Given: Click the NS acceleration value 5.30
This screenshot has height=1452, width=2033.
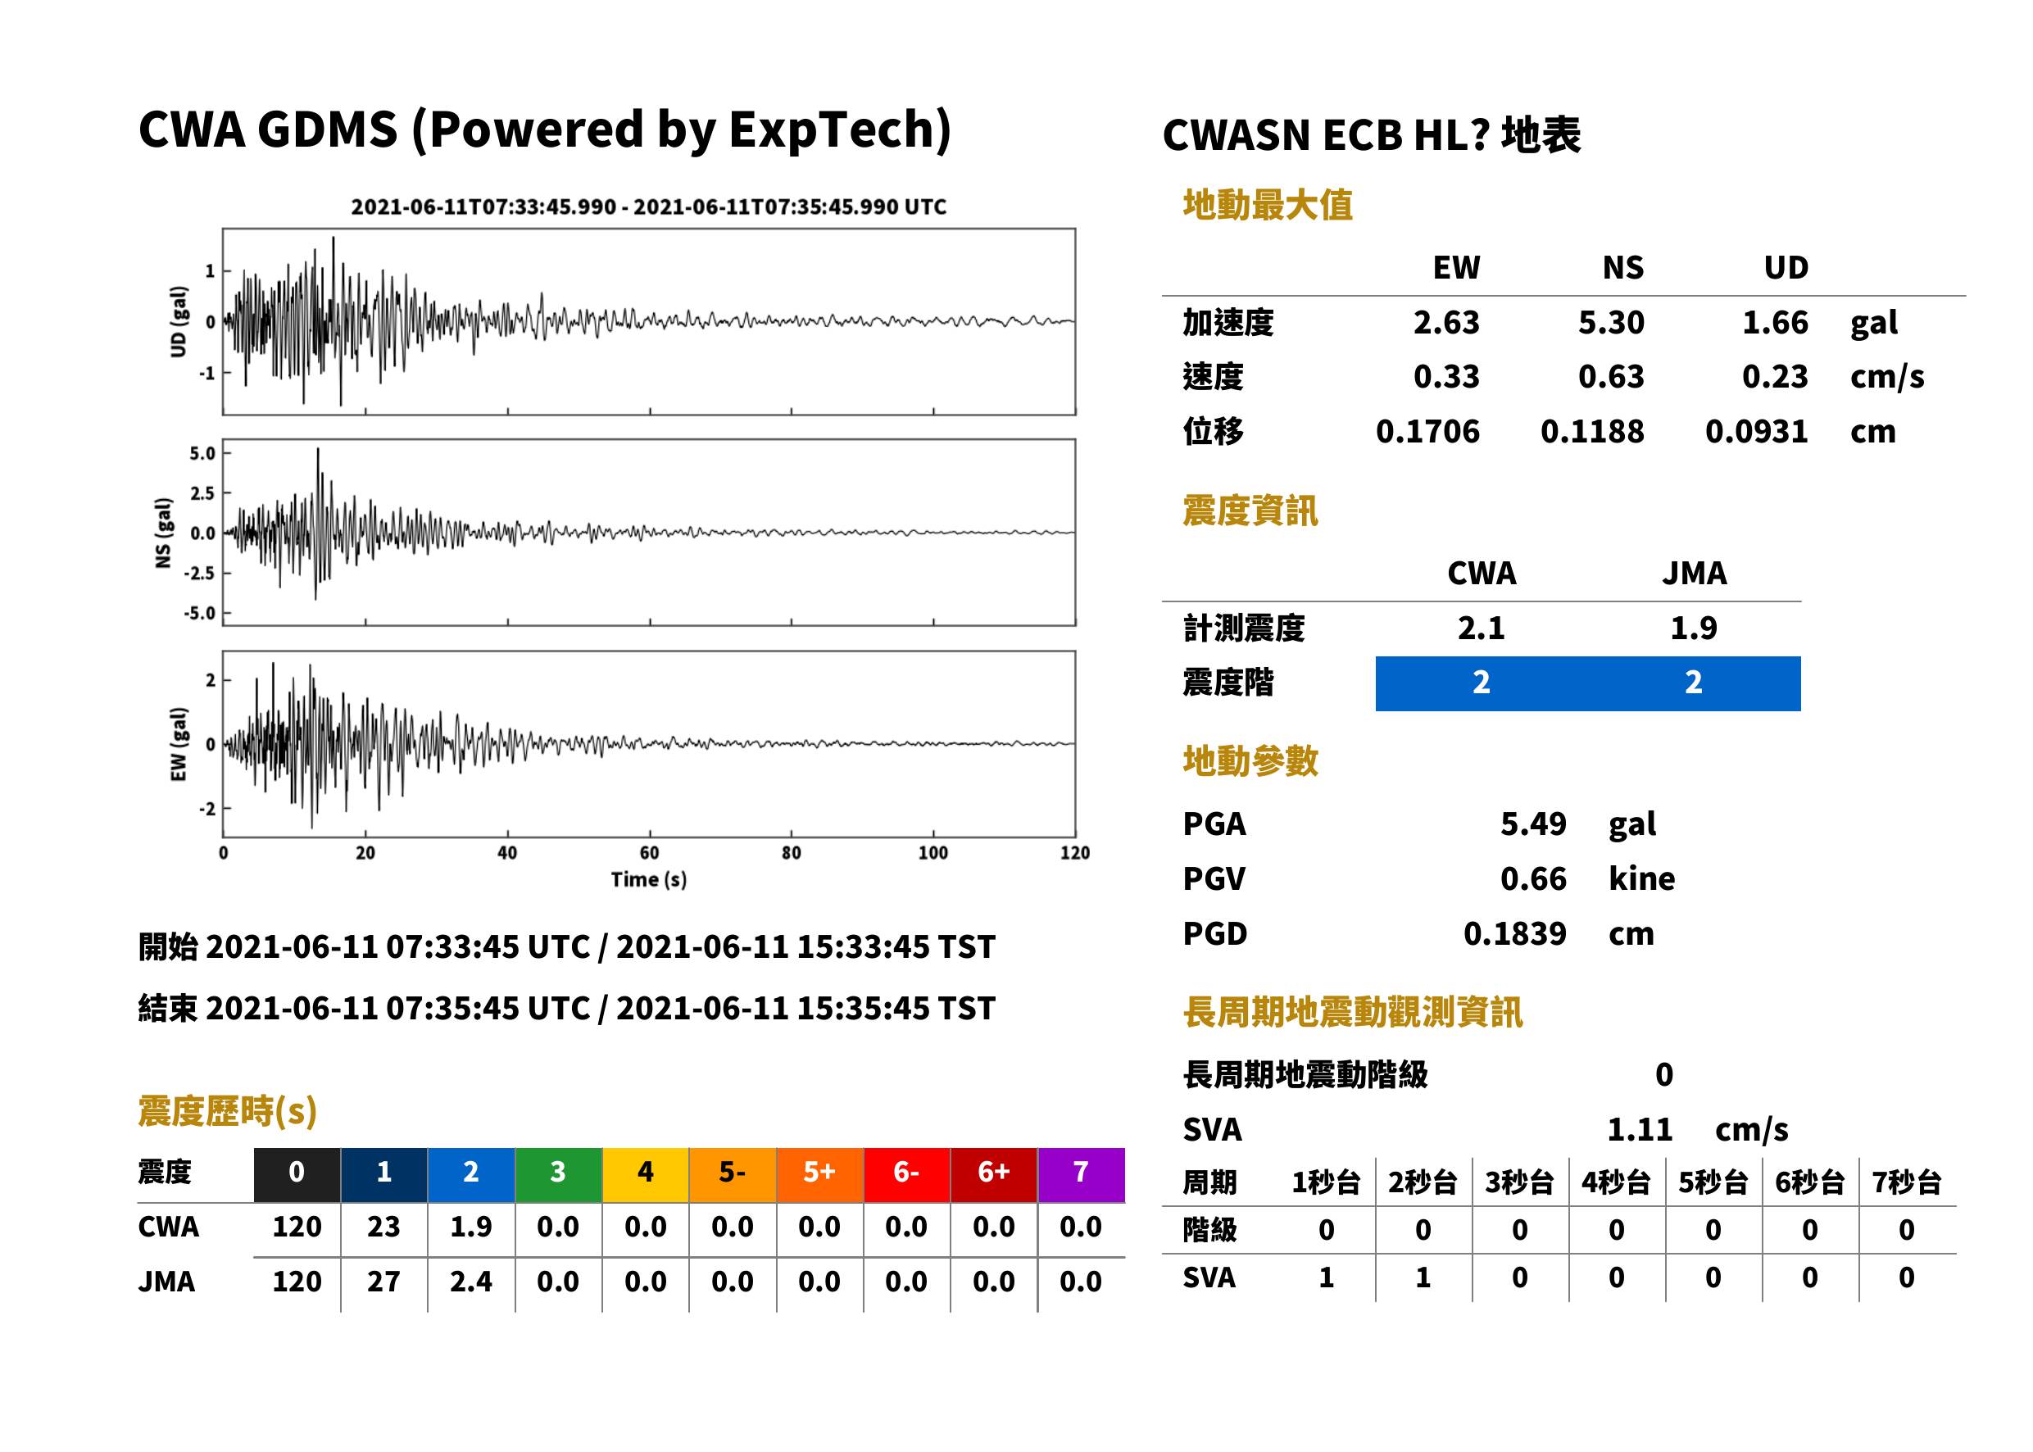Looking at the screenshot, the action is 1610,323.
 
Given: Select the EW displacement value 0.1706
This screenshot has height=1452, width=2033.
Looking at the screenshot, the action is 1427,432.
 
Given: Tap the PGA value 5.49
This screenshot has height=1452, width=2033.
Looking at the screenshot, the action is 1532,824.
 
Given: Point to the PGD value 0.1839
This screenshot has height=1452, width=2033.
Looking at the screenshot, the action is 1514,933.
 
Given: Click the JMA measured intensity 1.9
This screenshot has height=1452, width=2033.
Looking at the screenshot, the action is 1693,628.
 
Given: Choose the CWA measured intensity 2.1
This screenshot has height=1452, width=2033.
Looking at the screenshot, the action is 1482,628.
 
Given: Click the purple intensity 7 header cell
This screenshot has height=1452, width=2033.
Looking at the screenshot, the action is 1081,1175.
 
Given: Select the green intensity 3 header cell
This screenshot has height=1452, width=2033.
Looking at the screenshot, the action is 558,1175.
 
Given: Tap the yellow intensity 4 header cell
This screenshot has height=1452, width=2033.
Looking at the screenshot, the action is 646,1175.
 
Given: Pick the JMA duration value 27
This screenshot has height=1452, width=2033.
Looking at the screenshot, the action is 383,1282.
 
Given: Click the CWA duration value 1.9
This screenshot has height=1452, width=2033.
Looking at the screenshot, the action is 470,1227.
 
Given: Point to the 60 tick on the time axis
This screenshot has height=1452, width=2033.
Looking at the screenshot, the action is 649,853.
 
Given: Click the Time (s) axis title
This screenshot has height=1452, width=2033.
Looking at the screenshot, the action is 649,880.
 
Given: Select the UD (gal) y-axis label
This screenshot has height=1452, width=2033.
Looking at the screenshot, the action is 179,322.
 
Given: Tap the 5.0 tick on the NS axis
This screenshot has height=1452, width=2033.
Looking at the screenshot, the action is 202,453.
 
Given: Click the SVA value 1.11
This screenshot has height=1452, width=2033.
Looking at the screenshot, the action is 1640,1130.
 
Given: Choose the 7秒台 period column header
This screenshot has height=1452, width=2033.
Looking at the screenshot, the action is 1906,1183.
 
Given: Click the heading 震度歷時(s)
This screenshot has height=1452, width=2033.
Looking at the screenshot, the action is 228,1111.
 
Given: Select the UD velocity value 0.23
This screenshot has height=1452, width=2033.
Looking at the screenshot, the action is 1775,377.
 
